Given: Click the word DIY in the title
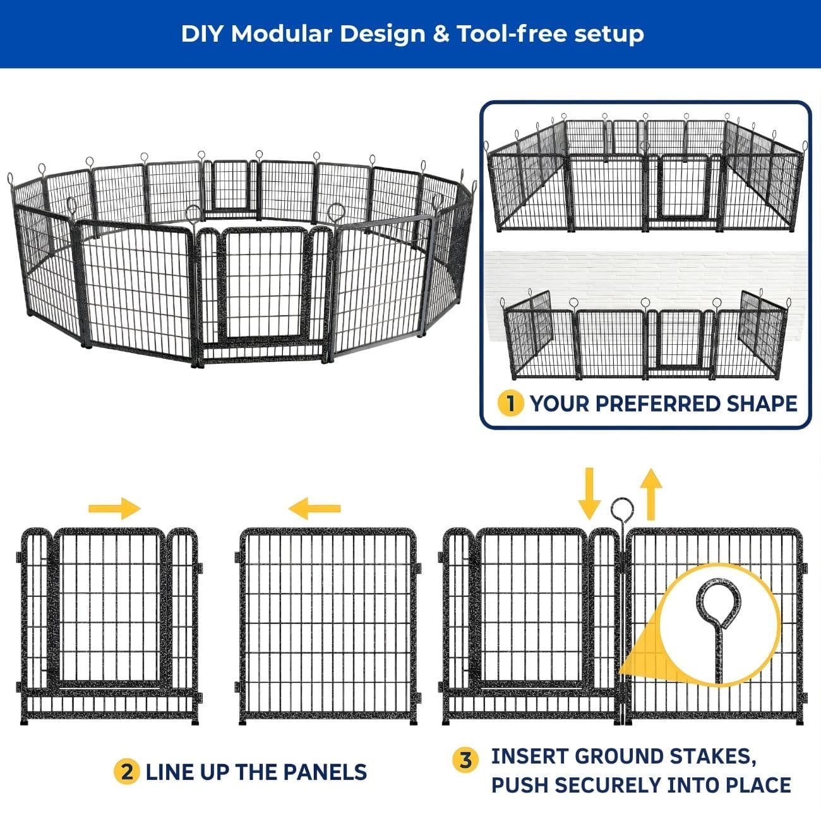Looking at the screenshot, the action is point(202,33).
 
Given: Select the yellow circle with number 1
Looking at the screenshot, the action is point(510,404).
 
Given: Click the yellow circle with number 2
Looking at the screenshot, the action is point(126,772).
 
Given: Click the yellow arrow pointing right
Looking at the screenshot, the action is point(114,508).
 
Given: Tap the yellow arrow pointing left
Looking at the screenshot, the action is point(315,508).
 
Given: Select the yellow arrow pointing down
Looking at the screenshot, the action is point(589,494).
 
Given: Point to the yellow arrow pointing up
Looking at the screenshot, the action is point(650,494).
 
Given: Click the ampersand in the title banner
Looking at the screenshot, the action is point(441,33).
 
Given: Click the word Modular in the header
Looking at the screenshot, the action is point(281,33).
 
